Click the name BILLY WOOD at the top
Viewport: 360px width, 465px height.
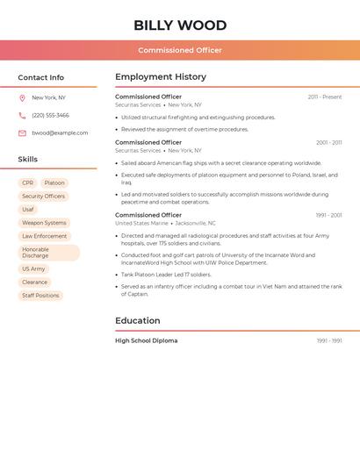click(x=180, y=25)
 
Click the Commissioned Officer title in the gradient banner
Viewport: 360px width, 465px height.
click(x=180, y=50)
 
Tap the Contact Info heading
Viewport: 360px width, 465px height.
click(x=40, y=77)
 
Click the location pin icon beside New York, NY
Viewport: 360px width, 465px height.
click(x=22, y=98)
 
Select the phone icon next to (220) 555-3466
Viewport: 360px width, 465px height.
click(x=22, y=116)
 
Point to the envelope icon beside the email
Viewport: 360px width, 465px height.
click(x=22, y=133)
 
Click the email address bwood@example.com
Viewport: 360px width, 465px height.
click(x=60, y=133)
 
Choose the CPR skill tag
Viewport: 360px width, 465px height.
click(x=28, y=183)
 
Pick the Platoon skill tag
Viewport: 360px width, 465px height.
click(x=54, y=183)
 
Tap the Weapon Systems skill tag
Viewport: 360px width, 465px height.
click(x=44, y=223)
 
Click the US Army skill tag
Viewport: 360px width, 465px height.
click(x=33, y=269)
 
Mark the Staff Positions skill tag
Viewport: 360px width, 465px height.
click(x=40, y=296)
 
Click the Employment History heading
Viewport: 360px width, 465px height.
click(x=161, y=77)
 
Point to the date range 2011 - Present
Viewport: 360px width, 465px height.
click(x=325, y=97)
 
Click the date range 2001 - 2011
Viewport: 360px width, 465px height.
click(x=329, y=143)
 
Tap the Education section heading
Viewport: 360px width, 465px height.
click(x=138, y=321)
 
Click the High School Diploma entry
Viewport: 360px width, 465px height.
click(x=146, y=340)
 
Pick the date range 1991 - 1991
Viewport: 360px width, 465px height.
click(x=329, y=341)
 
